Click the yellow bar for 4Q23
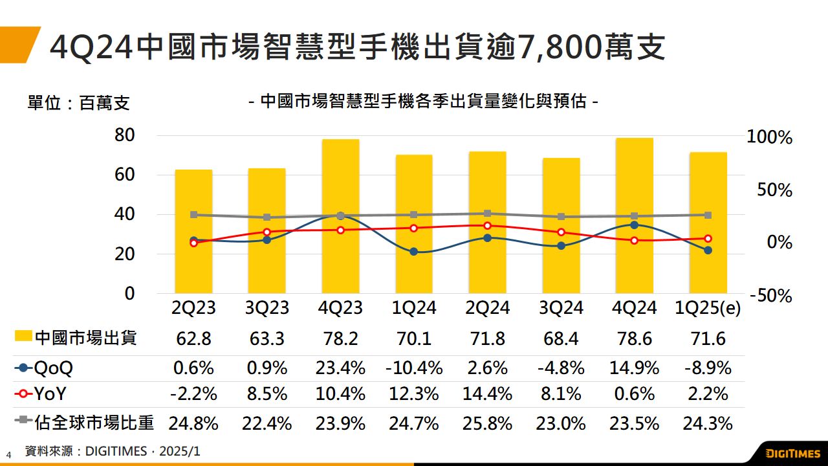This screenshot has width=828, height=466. (x=340, y=259)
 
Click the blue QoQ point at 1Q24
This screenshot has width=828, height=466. (x=414, y=252)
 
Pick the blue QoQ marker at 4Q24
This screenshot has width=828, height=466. (x=635, y=225)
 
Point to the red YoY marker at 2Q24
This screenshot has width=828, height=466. (x=487, y=226)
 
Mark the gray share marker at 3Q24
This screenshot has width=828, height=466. (x=561, y=217)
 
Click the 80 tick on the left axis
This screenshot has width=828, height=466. (x=125, y=135)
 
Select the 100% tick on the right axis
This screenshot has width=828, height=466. (x=769, y=137)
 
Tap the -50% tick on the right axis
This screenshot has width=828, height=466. (x=770, y=296)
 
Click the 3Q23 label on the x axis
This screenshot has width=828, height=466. (x=267, y=307)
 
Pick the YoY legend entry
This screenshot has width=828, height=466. (x=42, y=394)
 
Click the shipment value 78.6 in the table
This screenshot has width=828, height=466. (x=634, y=338)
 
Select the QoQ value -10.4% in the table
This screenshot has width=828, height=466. (x=414, y=368)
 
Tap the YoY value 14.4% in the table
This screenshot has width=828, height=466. (x=487, y=394)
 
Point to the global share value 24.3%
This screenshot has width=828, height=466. (x=708, y=423)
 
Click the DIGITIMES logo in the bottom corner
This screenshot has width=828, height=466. (x=792, y=452)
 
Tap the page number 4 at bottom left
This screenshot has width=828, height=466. (x=9, y=454)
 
